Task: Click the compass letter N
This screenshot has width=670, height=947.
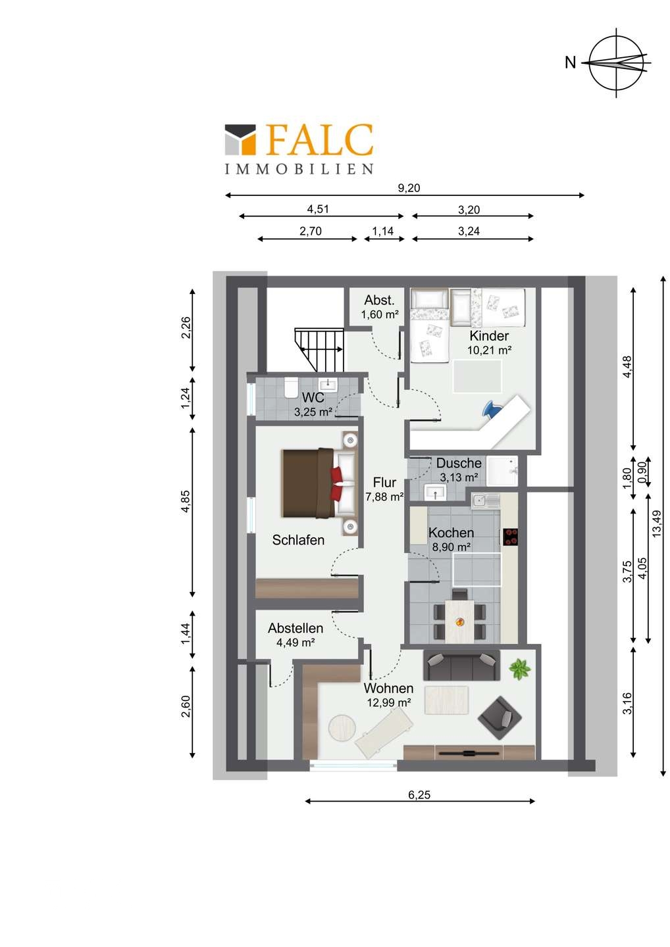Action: coord(570,62)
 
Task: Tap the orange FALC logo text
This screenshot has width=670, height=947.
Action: coord(319,139)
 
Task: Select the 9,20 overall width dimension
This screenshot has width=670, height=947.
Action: coord(409,188)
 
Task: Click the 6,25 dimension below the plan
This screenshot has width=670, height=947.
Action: coord(419,795)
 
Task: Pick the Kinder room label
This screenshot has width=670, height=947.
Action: coord(489,336)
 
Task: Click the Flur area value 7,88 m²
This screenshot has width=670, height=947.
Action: coord(384,497)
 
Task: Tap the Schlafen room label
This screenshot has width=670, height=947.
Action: coord(298,540)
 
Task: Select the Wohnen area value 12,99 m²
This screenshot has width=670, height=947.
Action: coord(389,702)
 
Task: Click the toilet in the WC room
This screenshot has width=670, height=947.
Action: coord(291,388)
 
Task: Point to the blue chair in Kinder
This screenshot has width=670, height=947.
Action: coord(491,409)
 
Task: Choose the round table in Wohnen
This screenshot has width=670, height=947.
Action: coord(342,727)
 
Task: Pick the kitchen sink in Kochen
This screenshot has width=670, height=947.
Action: coord(486,500)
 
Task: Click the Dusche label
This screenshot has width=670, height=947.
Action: coord(459,464)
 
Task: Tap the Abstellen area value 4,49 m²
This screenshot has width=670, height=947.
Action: coord(296,643)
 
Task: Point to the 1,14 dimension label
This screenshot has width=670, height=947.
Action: coord(383,231)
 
